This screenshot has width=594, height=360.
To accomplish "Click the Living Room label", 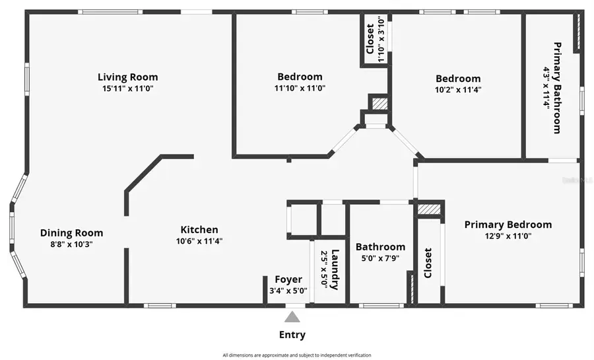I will click(127, 77).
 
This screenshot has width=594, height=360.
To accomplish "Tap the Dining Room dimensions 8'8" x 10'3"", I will click(71, 244).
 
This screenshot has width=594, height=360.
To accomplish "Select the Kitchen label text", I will click(199, 230).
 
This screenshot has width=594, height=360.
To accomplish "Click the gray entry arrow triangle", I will click(292, 318).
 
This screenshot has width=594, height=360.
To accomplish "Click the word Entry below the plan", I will click(292, 335).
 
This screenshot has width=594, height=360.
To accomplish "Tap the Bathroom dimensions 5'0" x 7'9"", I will click(380, 258).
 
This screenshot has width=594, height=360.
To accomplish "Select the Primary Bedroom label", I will click(508, 225).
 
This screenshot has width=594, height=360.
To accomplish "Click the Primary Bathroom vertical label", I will click(557, 88).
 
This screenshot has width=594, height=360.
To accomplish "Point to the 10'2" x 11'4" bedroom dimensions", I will click(457, 90).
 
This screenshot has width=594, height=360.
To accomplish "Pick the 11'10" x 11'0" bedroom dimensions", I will click(300, 88).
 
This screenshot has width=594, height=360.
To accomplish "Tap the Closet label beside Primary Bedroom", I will click(428, 263).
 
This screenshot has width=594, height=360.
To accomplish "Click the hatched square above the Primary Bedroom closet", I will click(428, 209).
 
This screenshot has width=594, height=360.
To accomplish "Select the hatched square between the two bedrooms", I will click(378, 104).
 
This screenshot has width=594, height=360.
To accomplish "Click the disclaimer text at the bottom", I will click(296, 355).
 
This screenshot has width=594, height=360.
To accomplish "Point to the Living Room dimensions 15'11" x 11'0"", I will click(127, 89).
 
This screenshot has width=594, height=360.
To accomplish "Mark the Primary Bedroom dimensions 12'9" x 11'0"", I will click(508, 236).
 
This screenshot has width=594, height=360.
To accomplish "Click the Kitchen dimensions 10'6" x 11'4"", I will click(199, 241).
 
